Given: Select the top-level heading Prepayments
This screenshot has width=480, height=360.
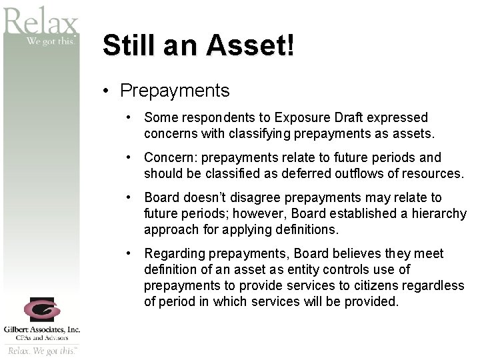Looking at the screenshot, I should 175,90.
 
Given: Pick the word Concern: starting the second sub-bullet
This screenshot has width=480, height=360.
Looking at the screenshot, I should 170,158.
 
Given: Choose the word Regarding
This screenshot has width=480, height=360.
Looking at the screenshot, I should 174,254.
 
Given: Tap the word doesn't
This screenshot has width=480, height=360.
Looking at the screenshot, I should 203,198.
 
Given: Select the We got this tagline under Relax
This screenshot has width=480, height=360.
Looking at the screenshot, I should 52,41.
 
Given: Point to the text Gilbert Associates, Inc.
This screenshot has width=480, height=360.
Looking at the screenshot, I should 41,329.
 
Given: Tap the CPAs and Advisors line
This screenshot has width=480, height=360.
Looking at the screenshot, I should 41,338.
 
